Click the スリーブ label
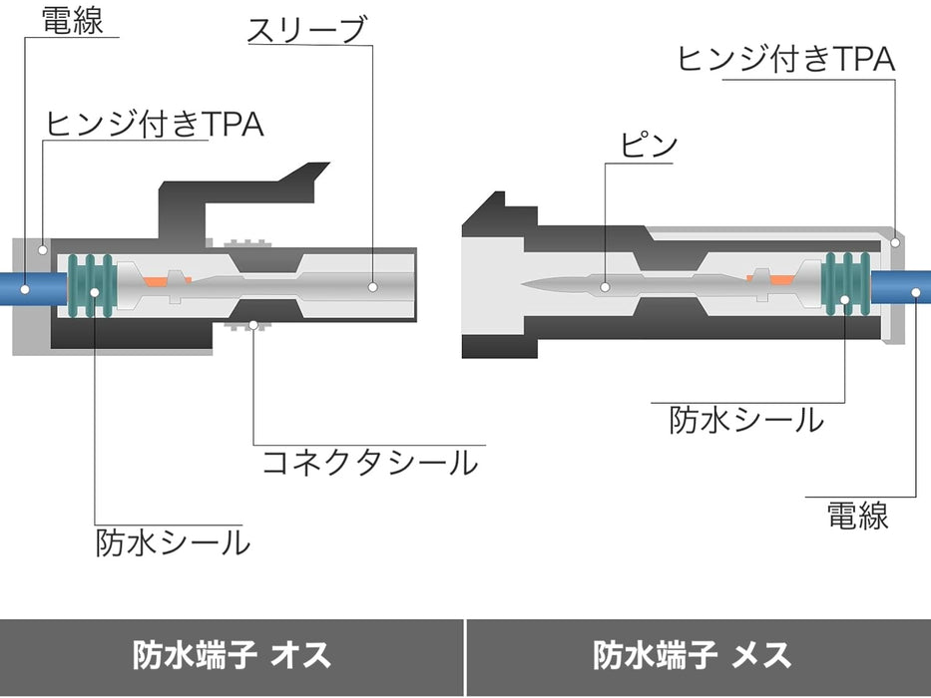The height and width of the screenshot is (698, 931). (307, 30)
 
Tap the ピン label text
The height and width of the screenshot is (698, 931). (649, 145)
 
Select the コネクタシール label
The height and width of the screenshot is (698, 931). (370, 463)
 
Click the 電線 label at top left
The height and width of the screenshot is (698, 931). (73, 20)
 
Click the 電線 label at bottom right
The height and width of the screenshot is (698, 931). (858, 516)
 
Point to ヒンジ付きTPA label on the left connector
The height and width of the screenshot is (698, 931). (155, 124)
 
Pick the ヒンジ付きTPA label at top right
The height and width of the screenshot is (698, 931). (785, 58)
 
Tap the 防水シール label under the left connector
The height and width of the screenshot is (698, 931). (173, 542)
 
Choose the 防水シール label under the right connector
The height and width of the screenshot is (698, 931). (746, 420)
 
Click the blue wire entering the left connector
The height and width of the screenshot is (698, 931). (33, 289)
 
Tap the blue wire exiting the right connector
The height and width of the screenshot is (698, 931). (900, 287)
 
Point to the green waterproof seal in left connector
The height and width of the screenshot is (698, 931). (90, 285)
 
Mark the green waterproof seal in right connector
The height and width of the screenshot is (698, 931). (846, 284)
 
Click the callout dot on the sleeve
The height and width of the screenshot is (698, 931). (373, 287)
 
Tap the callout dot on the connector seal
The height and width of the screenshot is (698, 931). (253, 325)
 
